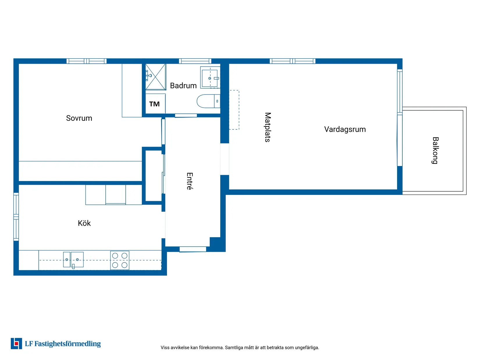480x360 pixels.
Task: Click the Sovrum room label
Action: click(79, 118)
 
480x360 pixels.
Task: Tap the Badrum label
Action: click(183, 85)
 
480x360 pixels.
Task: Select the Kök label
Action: click(84, 223)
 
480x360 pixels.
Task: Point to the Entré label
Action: click(190, 181)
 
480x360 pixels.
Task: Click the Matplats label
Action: click(268, 127)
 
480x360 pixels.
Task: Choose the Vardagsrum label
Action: click(345, 129)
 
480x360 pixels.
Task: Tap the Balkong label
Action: click(435, 150)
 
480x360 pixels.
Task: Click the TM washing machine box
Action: click(155, 104)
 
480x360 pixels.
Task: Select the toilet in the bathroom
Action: click(208, 101)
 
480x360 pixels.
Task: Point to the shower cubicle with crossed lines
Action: click(156, 77)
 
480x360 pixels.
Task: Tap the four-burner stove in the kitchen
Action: click(120, 260)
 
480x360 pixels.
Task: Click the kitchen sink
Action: click(73, 260)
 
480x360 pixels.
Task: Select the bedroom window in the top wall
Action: click(86, 61)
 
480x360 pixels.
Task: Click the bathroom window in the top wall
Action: click(195, 61)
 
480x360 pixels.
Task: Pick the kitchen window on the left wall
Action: click(16, 217)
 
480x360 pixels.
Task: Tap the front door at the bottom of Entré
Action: click(193, 249)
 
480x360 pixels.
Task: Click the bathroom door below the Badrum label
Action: click(186, 116)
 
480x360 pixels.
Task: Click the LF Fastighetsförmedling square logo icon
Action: click(16, 343)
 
